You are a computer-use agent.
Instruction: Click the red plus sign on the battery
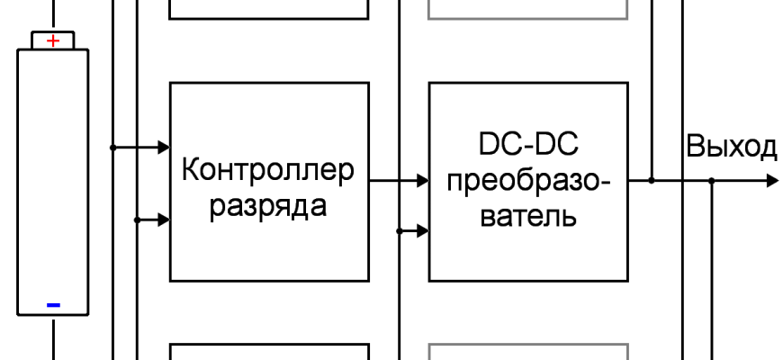[53, 40]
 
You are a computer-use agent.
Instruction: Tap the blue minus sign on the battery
[53, 305]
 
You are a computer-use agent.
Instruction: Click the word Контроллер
[268, 169]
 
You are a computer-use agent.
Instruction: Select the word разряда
[267, 205]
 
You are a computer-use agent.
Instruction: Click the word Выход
[731, 147]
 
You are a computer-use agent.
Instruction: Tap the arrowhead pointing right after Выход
[771, 181]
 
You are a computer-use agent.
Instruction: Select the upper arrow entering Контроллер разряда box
[162, 147]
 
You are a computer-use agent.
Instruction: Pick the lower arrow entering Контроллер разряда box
[162, 219]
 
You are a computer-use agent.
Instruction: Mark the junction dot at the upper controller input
[112, 147]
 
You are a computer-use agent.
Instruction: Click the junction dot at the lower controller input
[136, 219]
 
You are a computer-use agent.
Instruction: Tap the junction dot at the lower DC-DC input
[398, 231]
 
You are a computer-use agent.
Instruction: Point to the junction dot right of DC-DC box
[652, 181]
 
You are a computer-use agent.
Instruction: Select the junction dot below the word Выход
[711, 181]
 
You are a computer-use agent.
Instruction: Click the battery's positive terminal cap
[53, 40]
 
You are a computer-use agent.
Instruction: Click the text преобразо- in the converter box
[527, 181]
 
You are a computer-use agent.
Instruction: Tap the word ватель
[527, 217]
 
